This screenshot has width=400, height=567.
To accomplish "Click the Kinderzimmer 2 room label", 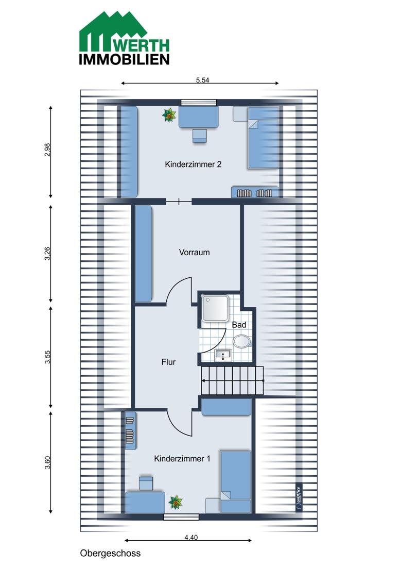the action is pos(193,164).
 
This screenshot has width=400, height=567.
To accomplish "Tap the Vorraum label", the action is pos(194,253).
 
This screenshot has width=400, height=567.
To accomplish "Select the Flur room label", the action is pos(168,362).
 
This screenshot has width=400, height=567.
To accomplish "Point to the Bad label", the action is pos(239,325).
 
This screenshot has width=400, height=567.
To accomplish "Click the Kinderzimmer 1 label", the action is pos(182,459).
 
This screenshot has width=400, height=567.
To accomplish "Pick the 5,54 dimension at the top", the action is pos(202,80).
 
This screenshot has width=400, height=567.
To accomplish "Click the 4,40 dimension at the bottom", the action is pos(191,538).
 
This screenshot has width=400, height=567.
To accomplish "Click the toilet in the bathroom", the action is pos(242,341).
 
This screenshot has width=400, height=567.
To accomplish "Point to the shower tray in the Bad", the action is pos(215,308).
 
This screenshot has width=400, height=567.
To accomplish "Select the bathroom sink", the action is pos(224,356).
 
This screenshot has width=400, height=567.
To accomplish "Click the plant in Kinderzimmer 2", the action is pos(169,115).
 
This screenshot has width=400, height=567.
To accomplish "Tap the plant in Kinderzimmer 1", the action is pos(176,502).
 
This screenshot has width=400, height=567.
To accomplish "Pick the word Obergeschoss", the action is pos(111,553).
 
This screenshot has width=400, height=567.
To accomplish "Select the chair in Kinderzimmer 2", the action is pos(199,136).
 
